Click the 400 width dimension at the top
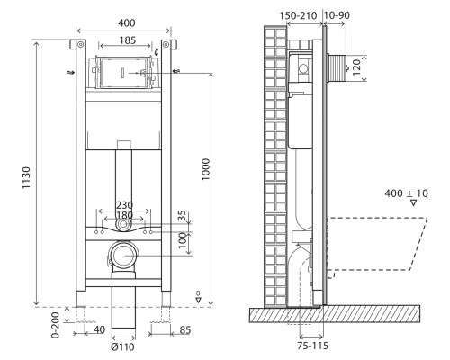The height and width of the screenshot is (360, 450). (126, 23)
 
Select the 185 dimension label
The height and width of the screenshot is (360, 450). (128, 40)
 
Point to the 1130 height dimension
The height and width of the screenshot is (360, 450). (27, 177)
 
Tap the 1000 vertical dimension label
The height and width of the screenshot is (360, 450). (206, 169)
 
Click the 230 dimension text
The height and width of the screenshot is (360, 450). (124, 205)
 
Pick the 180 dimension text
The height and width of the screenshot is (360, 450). (124, 215)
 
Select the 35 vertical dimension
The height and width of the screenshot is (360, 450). (182, 216)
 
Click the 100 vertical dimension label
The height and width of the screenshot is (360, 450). (182, 241)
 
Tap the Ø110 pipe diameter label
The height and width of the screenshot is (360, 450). (122, 347)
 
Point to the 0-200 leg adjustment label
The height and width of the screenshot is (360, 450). (56, 325)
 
